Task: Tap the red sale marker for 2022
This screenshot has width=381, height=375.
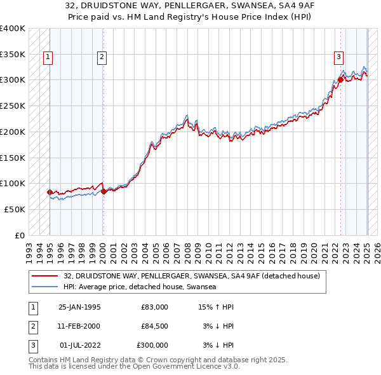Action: pos(341,79)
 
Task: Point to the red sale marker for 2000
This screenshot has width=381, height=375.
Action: pos(104,191)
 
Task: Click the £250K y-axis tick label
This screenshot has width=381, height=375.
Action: pos(13,106)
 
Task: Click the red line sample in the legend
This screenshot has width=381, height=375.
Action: pos(45,275)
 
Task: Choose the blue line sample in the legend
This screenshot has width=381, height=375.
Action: pos(45,287)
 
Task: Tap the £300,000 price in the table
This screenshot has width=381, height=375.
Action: pos(152,346)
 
